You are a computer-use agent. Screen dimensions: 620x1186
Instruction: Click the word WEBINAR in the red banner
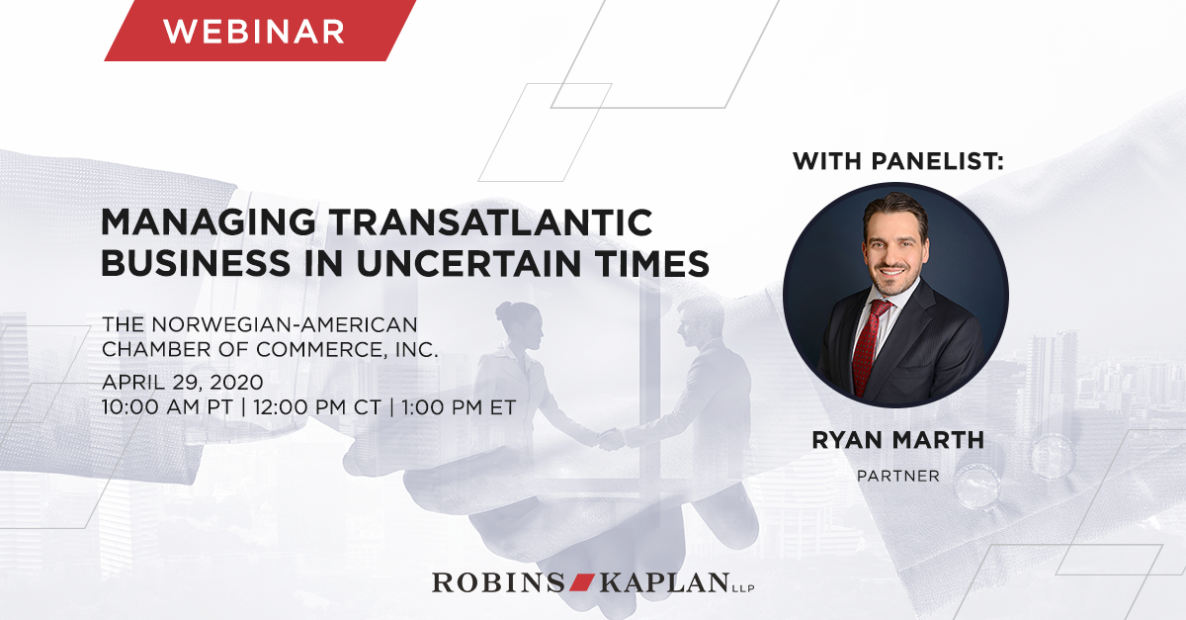pos(254,31)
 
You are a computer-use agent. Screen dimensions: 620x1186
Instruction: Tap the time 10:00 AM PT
pos(168,406)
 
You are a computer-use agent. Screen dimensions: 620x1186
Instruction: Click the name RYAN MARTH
pos(897,440)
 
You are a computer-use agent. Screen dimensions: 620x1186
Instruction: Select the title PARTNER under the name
pos(897,477)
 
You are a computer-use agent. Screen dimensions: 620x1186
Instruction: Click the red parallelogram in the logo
pos(575,581)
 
